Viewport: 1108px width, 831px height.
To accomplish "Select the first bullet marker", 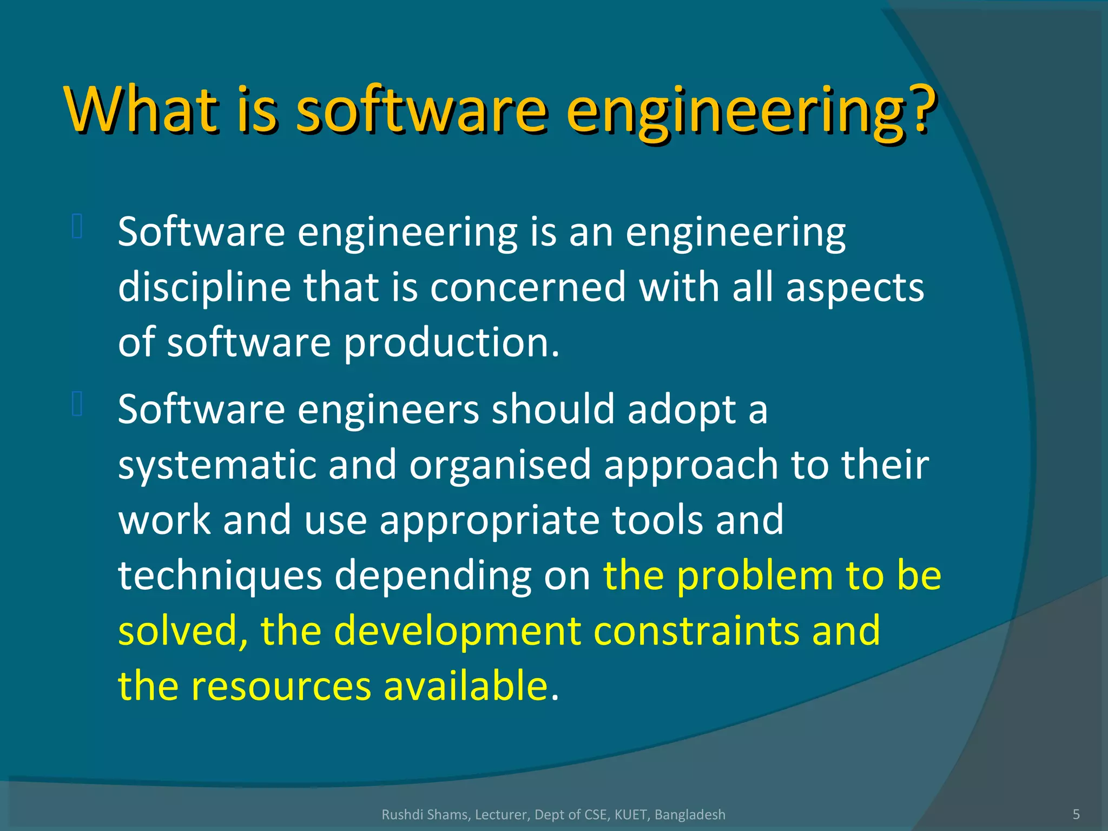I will [x=77, y=227].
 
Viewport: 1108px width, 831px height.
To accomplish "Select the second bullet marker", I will [x=77, y=404].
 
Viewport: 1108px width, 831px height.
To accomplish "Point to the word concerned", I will [x=527, y=288].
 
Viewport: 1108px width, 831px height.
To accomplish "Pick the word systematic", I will [x=217, y=465].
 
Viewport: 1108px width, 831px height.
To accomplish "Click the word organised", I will [x=500, y=465].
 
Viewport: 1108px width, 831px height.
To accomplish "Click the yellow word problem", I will [x=755, y=576].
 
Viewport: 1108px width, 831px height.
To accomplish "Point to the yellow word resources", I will [x=281, y=687].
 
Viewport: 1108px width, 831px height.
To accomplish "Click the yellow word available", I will [x=466, y=687].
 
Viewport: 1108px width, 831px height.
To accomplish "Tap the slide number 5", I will [x=1076, y=814].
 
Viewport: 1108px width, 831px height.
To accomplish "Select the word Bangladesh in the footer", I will [x=690, y=815].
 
